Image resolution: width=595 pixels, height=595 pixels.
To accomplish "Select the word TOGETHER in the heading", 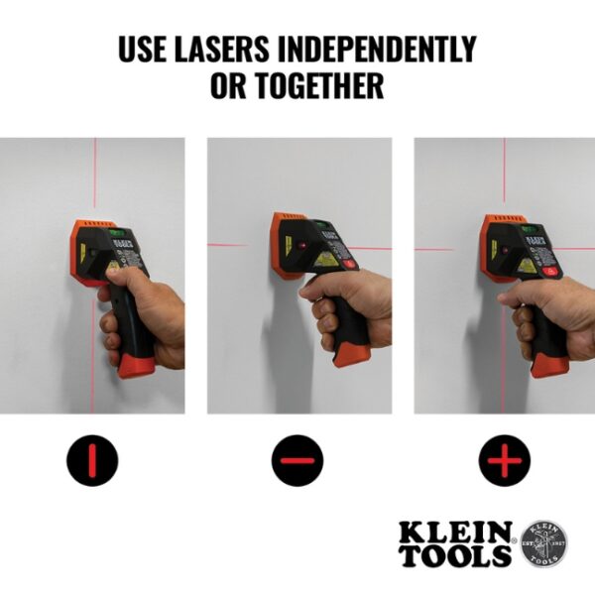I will point(315,86).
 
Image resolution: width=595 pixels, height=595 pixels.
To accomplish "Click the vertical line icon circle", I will point(92,461).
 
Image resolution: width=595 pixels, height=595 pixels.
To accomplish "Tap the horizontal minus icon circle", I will point(298,461).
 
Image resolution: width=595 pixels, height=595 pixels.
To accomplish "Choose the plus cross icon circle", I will point(505,461).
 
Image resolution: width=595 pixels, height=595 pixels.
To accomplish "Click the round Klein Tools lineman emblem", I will point(544,543).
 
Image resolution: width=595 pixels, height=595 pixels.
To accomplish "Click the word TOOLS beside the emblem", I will point(456,556).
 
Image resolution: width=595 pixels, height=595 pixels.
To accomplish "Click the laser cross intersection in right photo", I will point(504,248).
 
